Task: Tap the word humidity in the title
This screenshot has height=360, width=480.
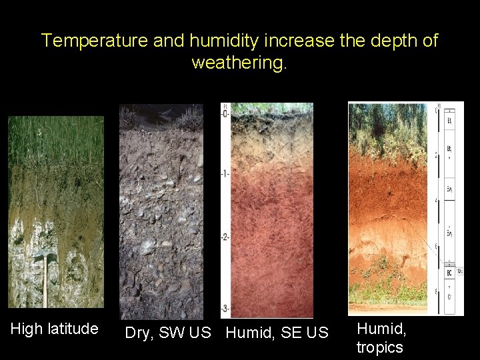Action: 218,41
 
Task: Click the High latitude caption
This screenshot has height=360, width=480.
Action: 55,329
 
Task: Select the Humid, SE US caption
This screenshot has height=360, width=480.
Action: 277,333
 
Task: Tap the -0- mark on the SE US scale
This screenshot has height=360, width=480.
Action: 225,113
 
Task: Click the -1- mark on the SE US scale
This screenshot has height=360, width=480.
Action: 225,173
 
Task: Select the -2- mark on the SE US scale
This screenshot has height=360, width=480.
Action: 225,237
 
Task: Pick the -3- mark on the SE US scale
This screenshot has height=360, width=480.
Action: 225,307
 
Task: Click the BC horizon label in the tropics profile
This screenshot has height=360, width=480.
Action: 451,273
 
